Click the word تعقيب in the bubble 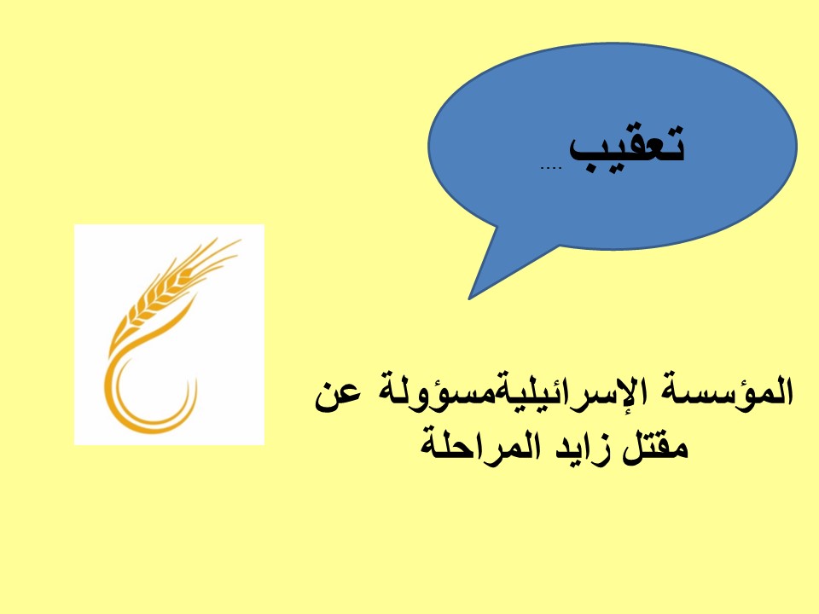(626, 149)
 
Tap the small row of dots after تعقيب (550, 168)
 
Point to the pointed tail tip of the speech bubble (469, 298)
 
